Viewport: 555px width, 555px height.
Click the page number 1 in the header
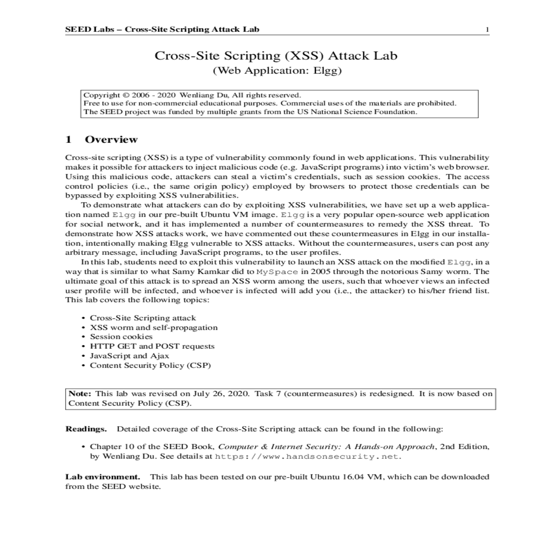(x=487, y=30)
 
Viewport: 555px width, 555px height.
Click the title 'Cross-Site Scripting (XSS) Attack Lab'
(x=276, y=56)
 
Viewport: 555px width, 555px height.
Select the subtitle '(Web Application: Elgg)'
(x=277, y=71)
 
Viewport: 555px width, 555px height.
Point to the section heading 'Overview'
(x=111, y=140)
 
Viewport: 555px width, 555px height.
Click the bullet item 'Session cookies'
(x=121, y=337)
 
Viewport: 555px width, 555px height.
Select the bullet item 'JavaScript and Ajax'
(x=129, y=356)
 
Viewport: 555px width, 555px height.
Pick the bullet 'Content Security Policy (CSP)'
(x=150, y=365)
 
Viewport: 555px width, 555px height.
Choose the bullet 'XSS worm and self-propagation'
(x=154, y=327)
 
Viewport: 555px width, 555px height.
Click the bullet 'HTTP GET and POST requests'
(x=152, y=346)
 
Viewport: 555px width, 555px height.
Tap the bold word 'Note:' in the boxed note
(x=80, y=394)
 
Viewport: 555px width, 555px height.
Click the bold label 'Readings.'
(x=86, y=429)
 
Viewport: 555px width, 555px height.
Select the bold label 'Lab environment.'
(x=103, y=477)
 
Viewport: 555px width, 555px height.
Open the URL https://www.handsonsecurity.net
(x=307, y=456)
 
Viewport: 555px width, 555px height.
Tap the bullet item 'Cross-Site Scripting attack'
(x=143, y=318)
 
